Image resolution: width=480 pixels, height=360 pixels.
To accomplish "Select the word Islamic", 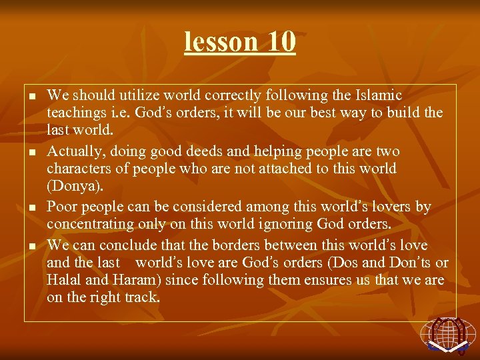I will click(x=378, y=95).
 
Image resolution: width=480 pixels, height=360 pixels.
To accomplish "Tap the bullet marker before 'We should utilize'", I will click(x=31, y=97).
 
